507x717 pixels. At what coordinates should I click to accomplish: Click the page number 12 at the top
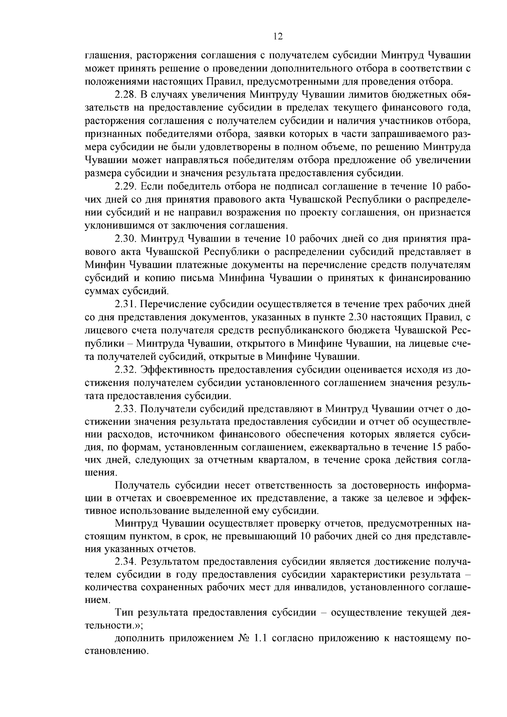pyautogui.click(x=278, y=36)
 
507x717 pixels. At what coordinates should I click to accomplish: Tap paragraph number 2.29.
pyautogui.click(x=126, y=186)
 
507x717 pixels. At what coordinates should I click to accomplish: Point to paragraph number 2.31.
pyautogui.click(x=126, y=304)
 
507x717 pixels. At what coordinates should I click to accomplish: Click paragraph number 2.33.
pyautogui.click(x=126, y=409)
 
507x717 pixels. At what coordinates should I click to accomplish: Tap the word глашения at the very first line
pyautogui.click(x=105, y=56)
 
